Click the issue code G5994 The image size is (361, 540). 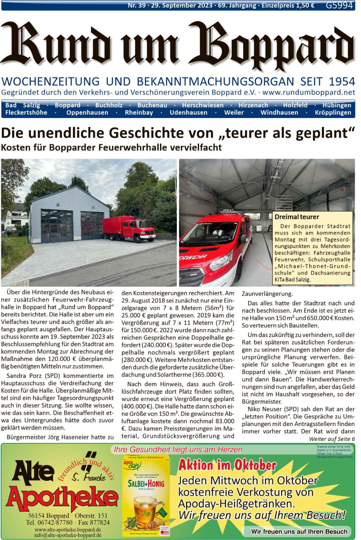[339, 5]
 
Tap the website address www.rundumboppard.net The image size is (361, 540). [309, 92]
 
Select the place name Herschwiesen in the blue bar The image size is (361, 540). [202, 105]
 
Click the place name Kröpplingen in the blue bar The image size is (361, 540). [333, 113]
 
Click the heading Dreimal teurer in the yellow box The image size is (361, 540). [297, 217]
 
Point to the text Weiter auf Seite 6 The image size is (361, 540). [332, 439]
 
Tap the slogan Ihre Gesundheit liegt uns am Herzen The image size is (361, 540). [178, 450]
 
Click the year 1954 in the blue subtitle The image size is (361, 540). [342, 81]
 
